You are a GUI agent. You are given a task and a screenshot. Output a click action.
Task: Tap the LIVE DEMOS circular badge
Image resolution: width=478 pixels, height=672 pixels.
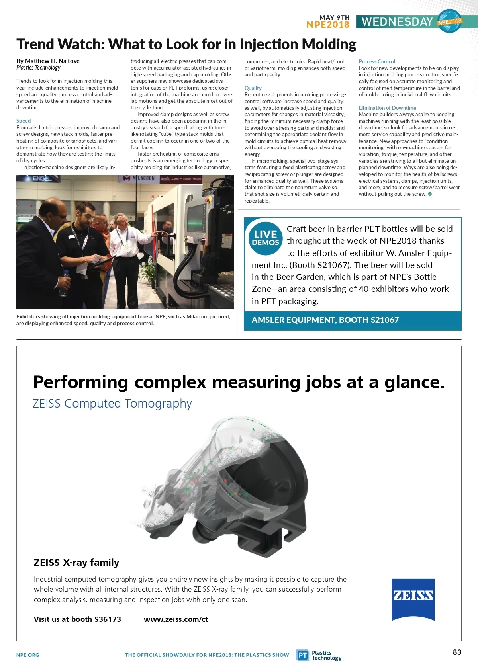coord(265,238)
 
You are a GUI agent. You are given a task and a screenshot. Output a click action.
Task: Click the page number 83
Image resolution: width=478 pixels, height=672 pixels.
coord(457,652)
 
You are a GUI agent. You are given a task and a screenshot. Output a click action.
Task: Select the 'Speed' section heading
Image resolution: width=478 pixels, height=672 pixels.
coord(24,121)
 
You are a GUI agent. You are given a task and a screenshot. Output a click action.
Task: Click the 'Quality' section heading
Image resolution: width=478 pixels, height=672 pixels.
coord(253,88)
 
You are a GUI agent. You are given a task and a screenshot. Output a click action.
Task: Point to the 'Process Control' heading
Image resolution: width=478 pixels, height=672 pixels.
coord(377,61)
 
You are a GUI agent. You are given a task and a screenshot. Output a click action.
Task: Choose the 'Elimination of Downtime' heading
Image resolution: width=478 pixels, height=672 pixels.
coord(387,108)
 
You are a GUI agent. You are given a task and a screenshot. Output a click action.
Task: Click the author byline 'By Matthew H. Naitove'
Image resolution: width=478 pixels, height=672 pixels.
coord(48,61)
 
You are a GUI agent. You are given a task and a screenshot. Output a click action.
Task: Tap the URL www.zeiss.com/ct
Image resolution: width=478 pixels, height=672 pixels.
coord(176,619)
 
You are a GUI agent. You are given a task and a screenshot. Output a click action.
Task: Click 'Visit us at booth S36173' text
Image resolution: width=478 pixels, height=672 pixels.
coord(77,619)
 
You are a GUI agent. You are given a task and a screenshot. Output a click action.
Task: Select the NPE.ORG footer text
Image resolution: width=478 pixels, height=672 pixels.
coord(28,655)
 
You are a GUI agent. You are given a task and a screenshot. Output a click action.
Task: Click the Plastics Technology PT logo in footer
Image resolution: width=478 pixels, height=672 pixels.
coord(303,655)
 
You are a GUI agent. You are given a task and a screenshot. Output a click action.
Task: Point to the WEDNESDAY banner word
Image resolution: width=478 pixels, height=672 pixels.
coord(397,22)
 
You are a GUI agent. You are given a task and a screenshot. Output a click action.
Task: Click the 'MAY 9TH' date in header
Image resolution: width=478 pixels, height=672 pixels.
coord(334,17)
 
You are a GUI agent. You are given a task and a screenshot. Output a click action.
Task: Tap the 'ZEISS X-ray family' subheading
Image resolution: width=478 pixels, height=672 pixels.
coord(76,562)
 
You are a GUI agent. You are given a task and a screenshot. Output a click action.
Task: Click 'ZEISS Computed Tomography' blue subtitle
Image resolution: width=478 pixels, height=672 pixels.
coord(112,403)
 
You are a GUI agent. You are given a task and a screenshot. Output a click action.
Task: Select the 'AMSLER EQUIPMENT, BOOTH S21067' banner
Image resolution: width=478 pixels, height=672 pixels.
coord(325,320)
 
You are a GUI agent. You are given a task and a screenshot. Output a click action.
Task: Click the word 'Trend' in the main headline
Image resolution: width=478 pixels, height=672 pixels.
coord(41,45)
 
